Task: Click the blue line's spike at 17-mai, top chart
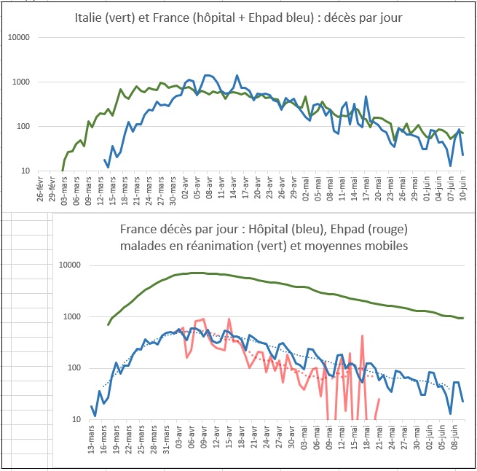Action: coord(366,97)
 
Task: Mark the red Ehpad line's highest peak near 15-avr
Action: coord(229,319)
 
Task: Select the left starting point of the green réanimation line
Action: coord(108,324)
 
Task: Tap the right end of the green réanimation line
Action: coord(463,318)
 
